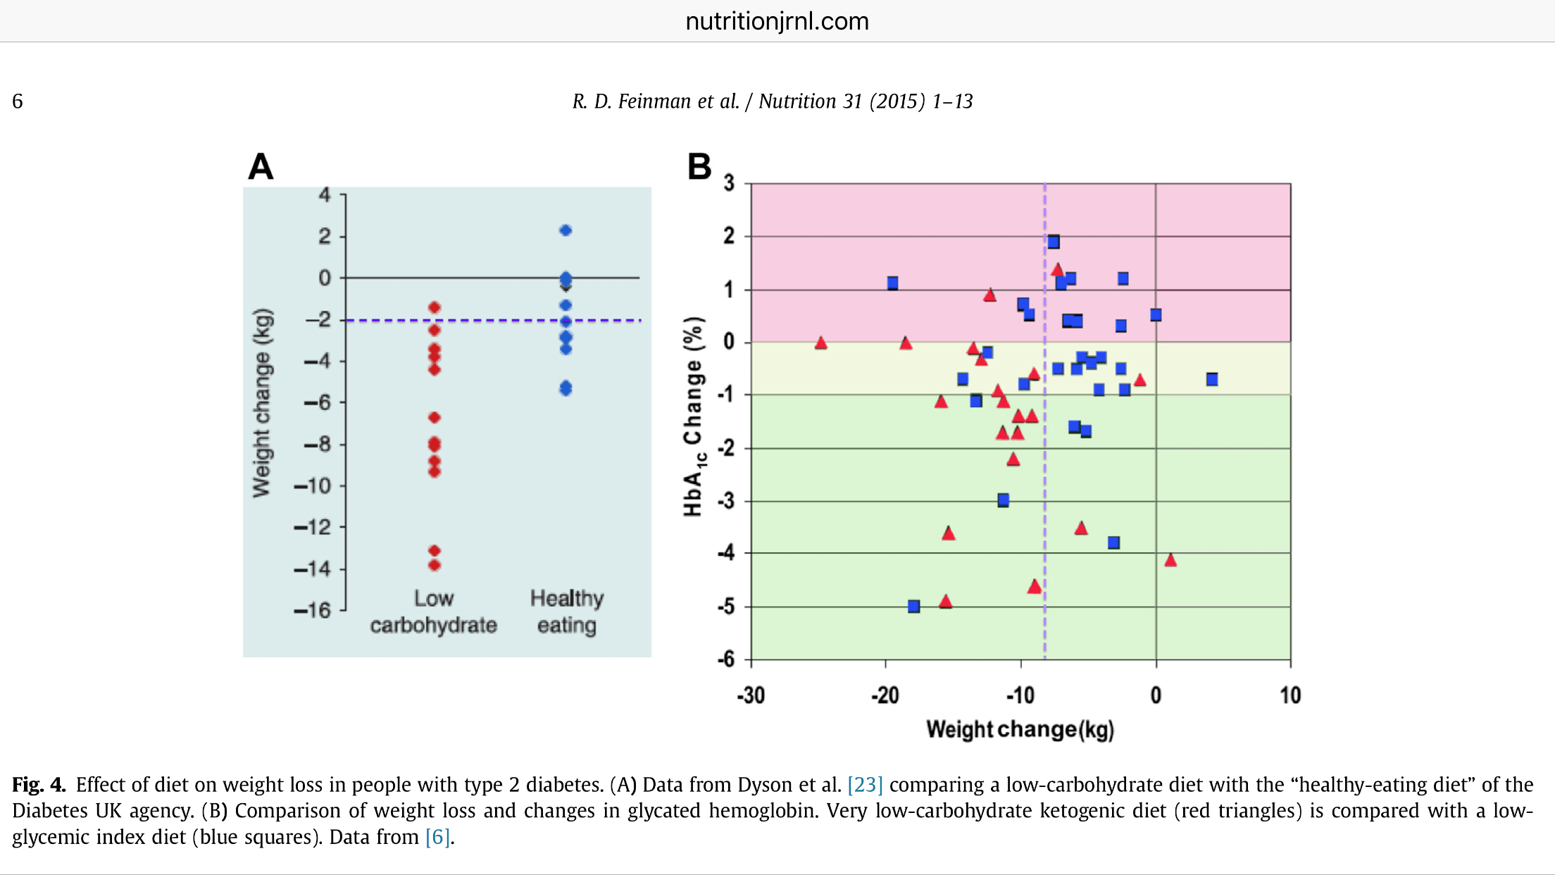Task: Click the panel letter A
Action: click(x=261, y=167)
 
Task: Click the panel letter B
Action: click(x=699, y=167)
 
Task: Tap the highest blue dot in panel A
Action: click(x=566, y=230)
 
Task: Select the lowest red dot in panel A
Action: click(x=435, y=565)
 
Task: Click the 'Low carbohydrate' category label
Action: click(x=434, y=612)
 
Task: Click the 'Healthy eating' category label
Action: click(x=567, y=612)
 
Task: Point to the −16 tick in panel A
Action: click(x=313, y=610)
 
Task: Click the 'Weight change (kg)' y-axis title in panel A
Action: click(x=261, y=403)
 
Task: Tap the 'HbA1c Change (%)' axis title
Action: click(x=694, y=416)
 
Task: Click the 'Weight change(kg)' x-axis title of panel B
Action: click(x=1020, y=729)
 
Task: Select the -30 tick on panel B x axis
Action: click(x=751, y=695)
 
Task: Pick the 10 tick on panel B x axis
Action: click(x=1290, y=695)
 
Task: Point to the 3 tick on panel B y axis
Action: click(x=729, y=183)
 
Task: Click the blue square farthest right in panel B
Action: click(x=1212, y=380)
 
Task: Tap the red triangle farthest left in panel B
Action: click(x=820, y=343)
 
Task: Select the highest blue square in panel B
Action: click(x=1054, y=242)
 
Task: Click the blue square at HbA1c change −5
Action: click(x=914, y=607)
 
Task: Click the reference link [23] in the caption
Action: click(x=865, y=785)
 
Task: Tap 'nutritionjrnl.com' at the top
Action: click(x=777, y=21)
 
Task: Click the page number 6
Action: click(x=18, y=101)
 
